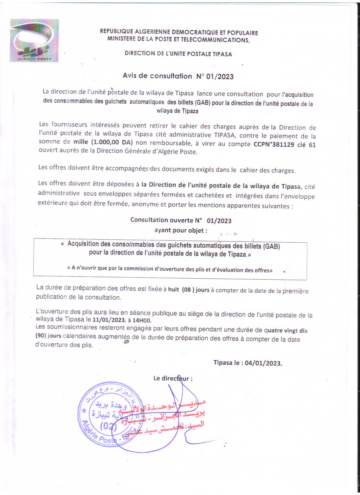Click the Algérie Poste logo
coord(34,40)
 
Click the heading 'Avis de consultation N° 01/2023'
coord(178,76)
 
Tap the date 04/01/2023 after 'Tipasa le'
coord(263,363)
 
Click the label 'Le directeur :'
coord(173,378)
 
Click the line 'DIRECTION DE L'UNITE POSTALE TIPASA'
coord(178,54)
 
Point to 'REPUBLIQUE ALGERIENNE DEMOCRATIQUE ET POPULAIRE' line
coord(179,32)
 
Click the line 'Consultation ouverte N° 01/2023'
coord(181,220)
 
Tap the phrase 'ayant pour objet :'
coord(181,230)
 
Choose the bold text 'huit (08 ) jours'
coord(189,290)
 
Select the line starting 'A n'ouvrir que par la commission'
coord(170,269)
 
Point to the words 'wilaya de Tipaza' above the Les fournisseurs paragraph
coord(177,111)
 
